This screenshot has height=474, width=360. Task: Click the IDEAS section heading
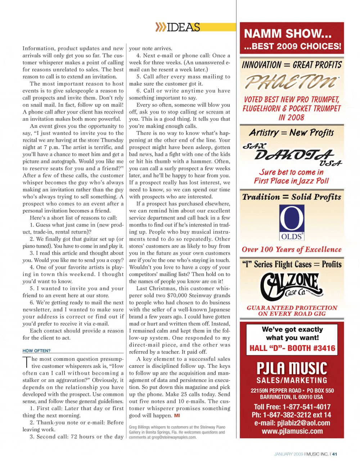184,27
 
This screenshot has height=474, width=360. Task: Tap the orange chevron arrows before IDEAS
161,27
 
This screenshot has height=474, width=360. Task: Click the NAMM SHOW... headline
288,34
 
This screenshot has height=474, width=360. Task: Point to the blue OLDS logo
292,222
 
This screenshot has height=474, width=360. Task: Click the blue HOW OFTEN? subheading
36,351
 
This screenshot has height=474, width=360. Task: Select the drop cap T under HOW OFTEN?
27,362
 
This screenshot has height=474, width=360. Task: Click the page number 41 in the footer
335,454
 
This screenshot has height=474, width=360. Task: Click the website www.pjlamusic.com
292,431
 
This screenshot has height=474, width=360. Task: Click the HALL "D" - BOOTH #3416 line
292,348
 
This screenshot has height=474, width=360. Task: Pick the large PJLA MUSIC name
292,369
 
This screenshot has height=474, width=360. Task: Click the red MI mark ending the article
177,415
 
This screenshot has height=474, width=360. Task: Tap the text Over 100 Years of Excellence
292,250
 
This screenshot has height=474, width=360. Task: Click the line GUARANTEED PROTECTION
292,308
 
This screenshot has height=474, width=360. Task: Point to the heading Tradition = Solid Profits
292,197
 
